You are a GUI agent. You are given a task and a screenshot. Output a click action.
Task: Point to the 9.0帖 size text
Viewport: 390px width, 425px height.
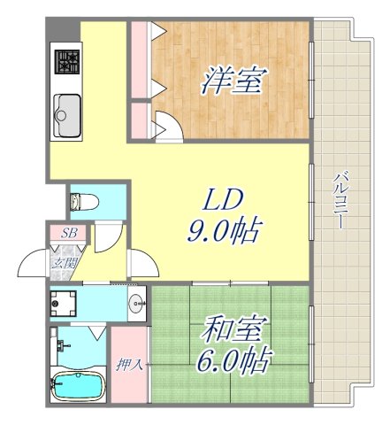[x=223, y=231]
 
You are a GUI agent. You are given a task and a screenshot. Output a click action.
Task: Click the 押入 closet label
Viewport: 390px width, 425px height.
[x=129, y=364]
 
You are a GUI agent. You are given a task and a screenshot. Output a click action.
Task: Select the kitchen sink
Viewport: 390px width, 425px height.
[x=66, y=113]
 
